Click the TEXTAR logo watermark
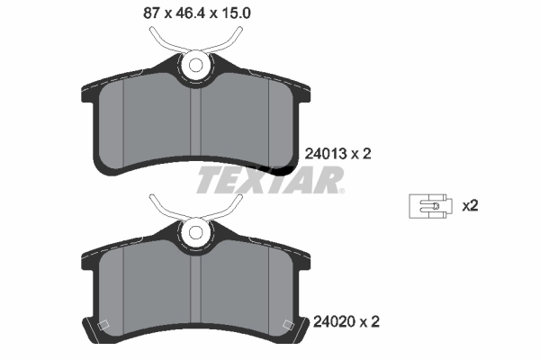(x=269, y=180)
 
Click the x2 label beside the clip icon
(x=469, y=206)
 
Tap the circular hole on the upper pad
(x=193, y=65)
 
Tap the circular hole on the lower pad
(x=193, y=234)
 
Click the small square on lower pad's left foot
(x=102, y=326)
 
